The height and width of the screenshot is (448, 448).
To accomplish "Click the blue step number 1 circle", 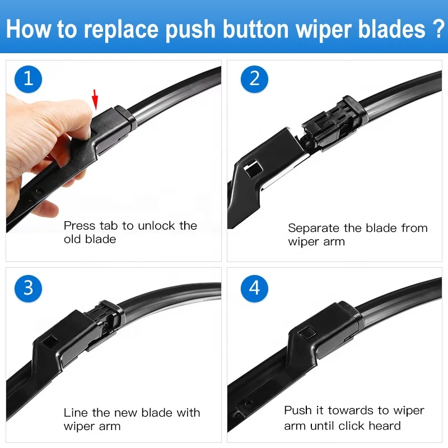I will click(28, 78).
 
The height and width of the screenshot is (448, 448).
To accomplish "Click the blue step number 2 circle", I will click(255, 78).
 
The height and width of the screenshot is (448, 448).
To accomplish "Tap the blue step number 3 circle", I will click(28, 288).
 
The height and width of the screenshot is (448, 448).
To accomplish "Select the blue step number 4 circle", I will click(255, 288).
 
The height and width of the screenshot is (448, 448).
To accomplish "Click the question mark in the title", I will click(437, 29).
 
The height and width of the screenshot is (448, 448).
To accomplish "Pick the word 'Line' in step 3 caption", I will click(75, 413).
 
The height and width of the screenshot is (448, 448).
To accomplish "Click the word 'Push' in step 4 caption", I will click(297, 410).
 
